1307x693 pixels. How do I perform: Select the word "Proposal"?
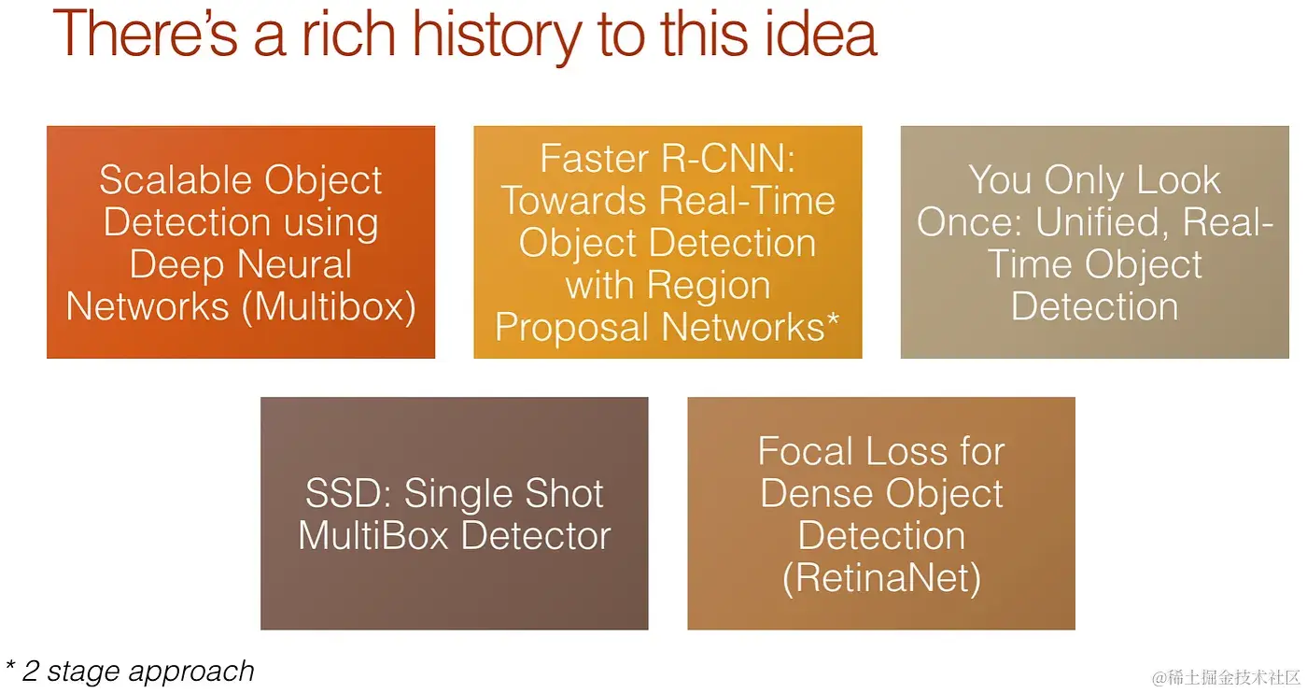click(x=571, y=327)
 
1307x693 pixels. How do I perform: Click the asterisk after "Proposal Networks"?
click(x=834, y=319)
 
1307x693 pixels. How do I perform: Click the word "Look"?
click(x=1178, y=180)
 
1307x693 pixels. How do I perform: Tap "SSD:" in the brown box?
click(x=348, y=494)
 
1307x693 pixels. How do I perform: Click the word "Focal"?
click(x=805, y=452)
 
